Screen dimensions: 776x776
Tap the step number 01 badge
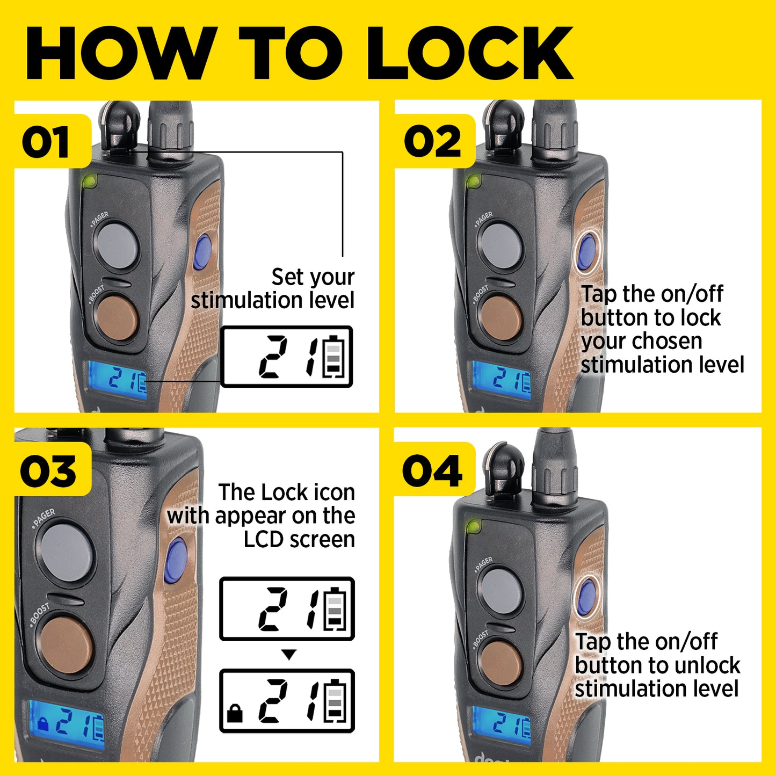(52, 141)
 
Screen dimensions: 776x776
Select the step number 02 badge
(434, 141)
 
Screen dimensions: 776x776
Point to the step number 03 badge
(52, 470)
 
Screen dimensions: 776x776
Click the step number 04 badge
(434, 470)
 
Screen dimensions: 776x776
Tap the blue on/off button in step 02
(587, 252)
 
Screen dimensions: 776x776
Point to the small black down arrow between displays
(288, 655)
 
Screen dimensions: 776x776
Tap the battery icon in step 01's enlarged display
(333, 357)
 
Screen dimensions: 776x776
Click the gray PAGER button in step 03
(68, 553)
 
